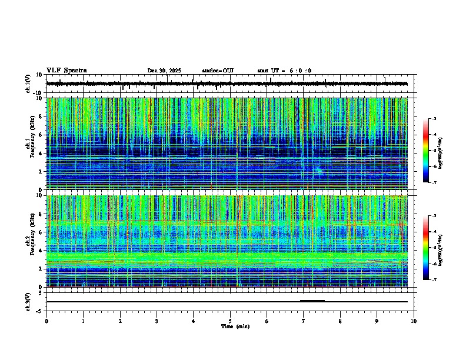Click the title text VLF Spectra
tap(66, 71)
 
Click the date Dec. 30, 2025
tap(164, 71)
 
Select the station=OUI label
tap(218, 71)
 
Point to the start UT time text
tap(284, 71)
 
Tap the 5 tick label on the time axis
tap(230, 321)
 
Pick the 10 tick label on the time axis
tap(414, 321)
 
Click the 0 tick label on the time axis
tap(46, 321)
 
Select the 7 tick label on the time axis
tap(304, 321)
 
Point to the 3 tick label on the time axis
tap(157, 321)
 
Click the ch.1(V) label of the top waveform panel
tap(28, 84)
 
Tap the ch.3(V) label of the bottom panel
tap(28, 301)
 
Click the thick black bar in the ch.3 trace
tap(312, 301)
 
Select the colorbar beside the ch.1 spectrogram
tap(425, 151)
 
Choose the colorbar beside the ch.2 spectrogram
tap(425, 248)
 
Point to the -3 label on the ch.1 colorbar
tap(433, 119)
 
